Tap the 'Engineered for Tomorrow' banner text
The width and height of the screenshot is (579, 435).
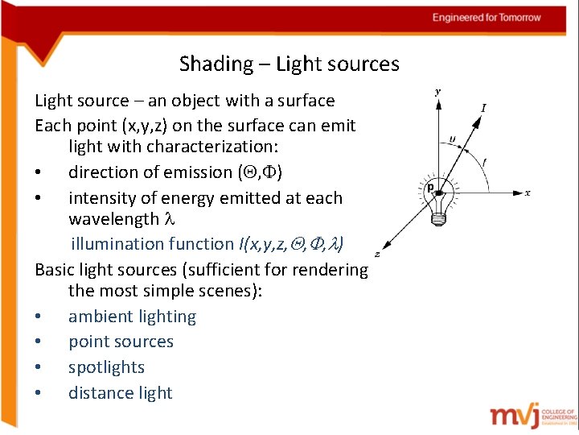(487, 18)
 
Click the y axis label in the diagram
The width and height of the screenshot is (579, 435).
(437, 92)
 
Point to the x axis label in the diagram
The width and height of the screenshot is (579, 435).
(528, 193)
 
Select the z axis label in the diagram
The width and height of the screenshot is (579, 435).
(377, 253)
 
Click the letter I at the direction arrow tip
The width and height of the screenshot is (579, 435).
(483, 108)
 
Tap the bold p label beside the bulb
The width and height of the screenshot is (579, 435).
(431, 188)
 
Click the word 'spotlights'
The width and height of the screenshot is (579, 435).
(106, 367)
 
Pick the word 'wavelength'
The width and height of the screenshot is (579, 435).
(114, 220)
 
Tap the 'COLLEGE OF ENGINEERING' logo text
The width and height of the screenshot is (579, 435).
(559, 416)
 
